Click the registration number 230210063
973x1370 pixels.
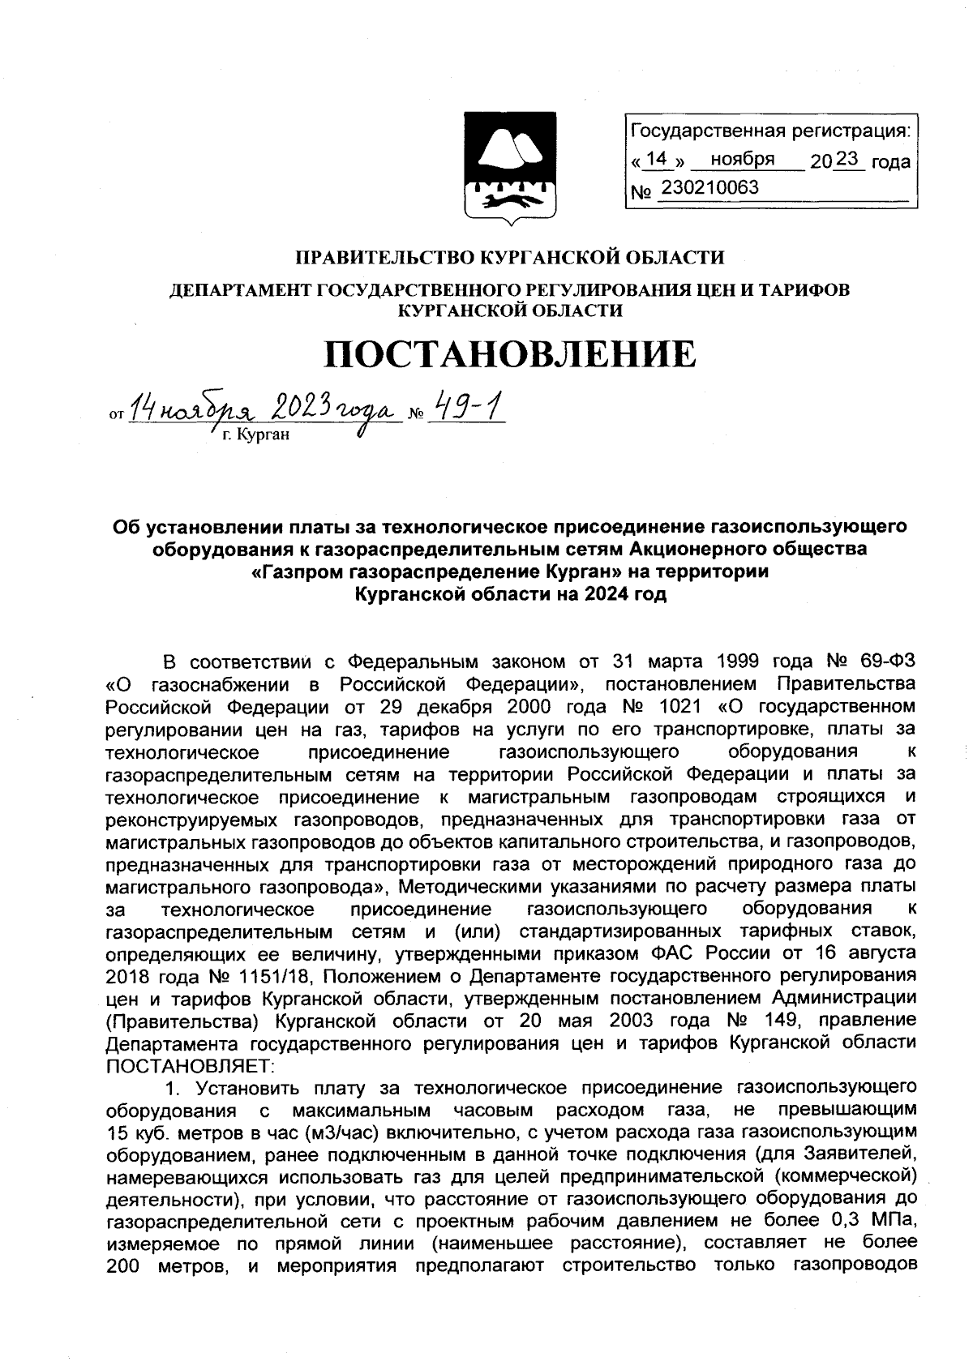click(x=710, y=188)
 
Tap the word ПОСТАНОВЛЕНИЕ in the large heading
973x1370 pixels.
click(x=510, y=354)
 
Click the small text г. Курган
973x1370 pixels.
click(x=255, y=436)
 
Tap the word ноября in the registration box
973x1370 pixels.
click(x=742, y=159)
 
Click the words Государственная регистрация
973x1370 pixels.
click(x=769, y=131)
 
